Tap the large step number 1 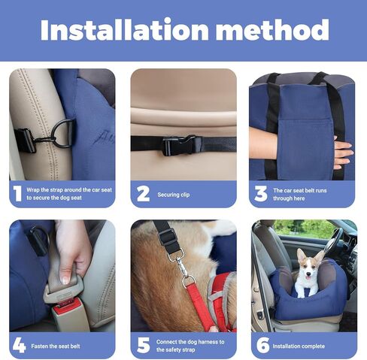pyautogui.click(x=17, y=194)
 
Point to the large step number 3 pyautogui.click(x=261, y=194)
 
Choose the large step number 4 pyautogui.click(x=18, y=345)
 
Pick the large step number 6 pyautogui.click(x=261, y=345)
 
